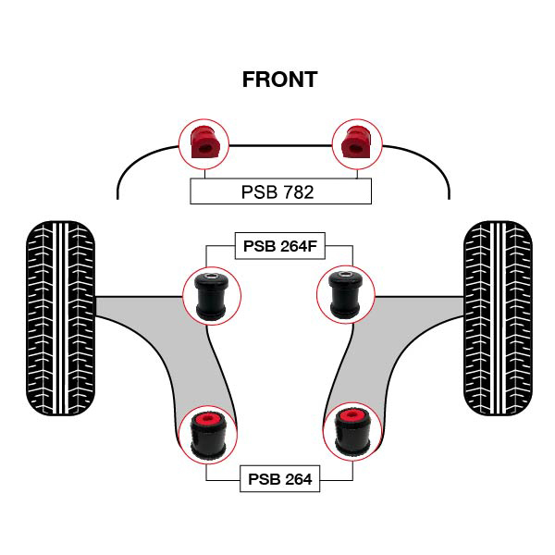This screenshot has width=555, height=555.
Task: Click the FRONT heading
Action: pyautogui.click(x=279, y=80)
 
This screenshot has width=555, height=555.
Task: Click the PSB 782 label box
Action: pyautogui.click(x=280, y=191)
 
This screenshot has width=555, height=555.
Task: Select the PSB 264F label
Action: pyautogui.click(x=280, y=246)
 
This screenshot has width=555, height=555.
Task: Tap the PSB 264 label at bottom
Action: pyautogui.click(x=280, y=479)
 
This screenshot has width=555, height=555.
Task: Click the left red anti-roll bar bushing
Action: pyautogui.click(x=203, y=142)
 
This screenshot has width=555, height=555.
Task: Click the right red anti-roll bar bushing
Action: pyautogui.click(x=356, y=142)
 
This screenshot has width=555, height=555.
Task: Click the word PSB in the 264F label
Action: pyautogui.click(x=259, y=246)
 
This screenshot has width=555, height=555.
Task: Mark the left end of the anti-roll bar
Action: pyautogui.click(x=118, y=194)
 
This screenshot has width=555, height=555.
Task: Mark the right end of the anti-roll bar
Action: pyautogui.click(x=450, y=194)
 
